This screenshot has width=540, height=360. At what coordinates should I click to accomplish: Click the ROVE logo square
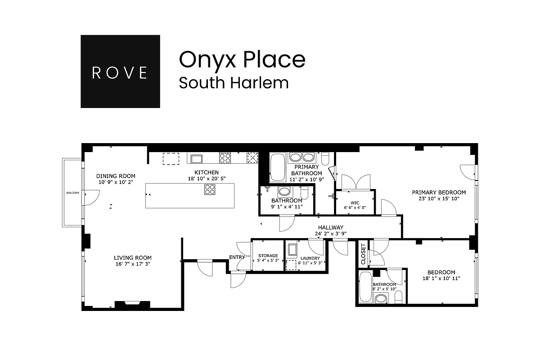pos(120,72)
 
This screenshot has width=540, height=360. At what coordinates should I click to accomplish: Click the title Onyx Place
pos(242,59)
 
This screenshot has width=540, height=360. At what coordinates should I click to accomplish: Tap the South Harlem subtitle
pos(234,83)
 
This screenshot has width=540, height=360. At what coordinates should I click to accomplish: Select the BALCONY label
pos(72,193)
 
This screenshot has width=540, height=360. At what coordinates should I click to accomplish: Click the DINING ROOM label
pos(116,176)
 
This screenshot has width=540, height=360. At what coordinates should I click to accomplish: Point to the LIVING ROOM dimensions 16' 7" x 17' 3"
pos(132,264)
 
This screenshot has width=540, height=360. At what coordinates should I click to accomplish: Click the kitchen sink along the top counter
pos(196,158)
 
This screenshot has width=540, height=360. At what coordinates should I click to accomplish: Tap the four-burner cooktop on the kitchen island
pos(210,190)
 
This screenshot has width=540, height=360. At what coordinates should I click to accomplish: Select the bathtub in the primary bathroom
pos(277,166)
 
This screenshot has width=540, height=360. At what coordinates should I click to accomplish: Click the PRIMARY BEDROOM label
pos(439,192)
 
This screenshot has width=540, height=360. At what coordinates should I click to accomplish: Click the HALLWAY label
pos(331,228)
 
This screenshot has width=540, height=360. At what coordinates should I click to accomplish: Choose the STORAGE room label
pos(268,256)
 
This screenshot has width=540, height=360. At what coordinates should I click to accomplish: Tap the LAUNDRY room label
pos(310,258)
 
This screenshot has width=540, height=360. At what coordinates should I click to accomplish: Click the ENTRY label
pos(237,257)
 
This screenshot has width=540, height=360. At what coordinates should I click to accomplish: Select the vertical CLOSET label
pos(363,255)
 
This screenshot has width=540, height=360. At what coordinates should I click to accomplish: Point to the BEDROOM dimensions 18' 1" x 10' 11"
pos(441,279)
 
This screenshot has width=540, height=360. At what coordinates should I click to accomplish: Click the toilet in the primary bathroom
pos(326,158)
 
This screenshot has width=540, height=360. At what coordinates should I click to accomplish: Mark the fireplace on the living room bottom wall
pos(132,305)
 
